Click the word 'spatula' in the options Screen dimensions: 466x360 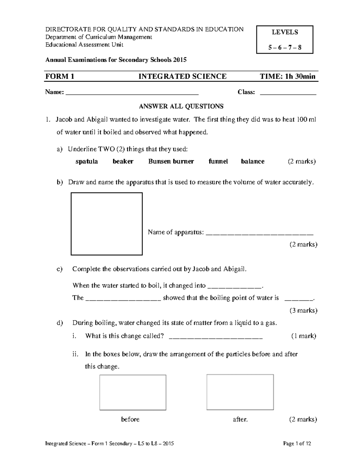tap(86, 161)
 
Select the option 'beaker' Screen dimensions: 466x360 tap(123, 161)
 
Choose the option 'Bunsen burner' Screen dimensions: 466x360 tap(171, 161)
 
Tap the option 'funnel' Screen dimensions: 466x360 tap(218, 161)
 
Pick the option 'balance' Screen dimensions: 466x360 tap(253, 161)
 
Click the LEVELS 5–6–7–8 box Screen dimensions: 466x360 tap(285, 40)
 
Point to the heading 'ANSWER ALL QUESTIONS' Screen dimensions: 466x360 tap(181, 106)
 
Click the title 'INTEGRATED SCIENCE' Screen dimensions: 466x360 tap(182, 77)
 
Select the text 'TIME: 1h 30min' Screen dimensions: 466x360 tap(287, 77)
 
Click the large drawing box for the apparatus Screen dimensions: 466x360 tap(106, 224)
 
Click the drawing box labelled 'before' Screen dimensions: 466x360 tap(133, 392)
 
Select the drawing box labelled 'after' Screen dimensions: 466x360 tap(240, 392)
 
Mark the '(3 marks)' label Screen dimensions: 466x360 tap(303, 310)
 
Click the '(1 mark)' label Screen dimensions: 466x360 tap(304, 336)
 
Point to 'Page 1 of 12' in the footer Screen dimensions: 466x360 tap(297, 443)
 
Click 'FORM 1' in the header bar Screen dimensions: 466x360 tap(60, 77)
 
